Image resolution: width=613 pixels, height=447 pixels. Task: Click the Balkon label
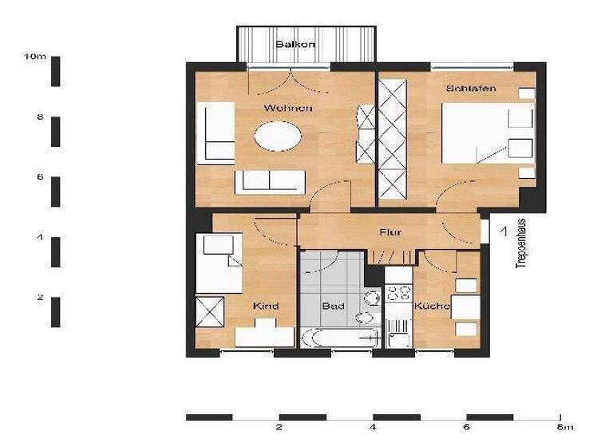point(295,45)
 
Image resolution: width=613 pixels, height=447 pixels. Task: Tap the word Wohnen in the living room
point(288,108)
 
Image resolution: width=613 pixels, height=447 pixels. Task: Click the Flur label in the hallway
point(390,232)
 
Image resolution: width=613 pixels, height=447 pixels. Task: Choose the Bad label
point(332,307)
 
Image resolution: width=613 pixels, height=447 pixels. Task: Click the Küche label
point(432,307)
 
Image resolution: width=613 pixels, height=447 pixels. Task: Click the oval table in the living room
point(279,136)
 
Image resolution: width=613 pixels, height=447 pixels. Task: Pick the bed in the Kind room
point(219,263)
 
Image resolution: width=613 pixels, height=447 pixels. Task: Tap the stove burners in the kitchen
point(397,292)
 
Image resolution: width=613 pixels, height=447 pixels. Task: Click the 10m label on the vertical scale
point(35,57)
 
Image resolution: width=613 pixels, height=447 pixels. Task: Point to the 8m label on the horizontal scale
point(565,427)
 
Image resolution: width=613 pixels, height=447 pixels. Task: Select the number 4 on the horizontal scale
point(374,427)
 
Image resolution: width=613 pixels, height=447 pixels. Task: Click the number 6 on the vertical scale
point(39,177)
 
